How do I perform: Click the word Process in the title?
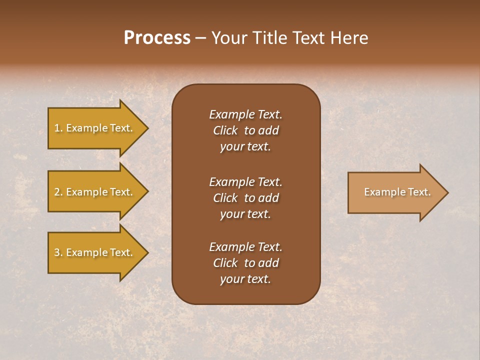pos(157,38)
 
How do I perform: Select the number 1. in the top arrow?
pos(58,128)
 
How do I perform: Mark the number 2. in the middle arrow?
pos(58,192)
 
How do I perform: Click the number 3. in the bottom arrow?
pos(58,252)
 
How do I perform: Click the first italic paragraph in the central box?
pos(245,130)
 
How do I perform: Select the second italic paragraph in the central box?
pos(245,198)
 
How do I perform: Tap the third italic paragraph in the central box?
pos(245,263)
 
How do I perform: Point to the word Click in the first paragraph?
pos(225,130)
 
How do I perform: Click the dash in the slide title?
pos(201,38)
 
